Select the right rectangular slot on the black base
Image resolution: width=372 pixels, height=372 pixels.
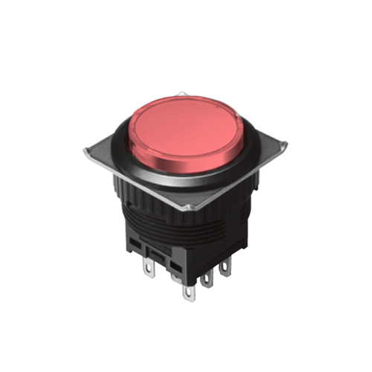(175, 266)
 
